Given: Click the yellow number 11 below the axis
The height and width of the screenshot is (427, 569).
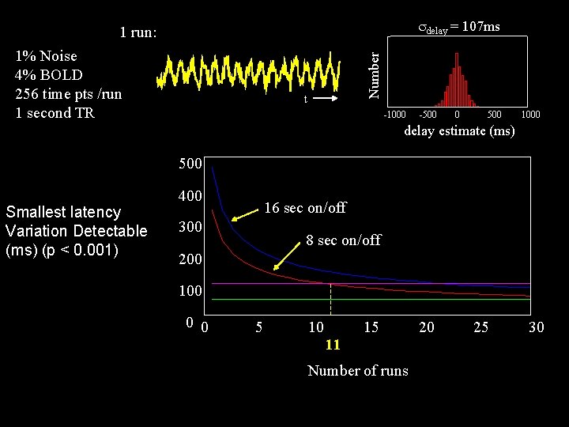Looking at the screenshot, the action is pyautogui.click(x=333, y=344).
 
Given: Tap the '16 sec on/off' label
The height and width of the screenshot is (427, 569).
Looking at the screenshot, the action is pyautogui.click(x=305, y=208).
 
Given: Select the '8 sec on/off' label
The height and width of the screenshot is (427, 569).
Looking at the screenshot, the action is pyautogui.click(x=343, y=240).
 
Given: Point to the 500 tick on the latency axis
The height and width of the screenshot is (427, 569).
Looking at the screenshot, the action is pyautogui.click(x=190, y=164).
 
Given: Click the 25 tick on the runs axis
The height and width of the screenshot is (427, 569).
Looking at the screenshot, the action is pyautogui.click(x=480, y=327).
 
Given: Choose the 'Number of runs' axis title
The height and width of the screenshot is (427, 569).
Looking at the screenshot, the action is pyautogui.click(x=358, y=371).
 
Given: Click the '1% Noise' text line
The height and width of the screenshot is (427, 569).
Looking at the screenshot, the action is pyautogui.click(x=46, y=56).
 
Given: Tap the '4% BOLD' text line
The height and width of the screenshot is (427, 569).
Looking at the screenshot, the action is pyautogui.click(x=49, y=75).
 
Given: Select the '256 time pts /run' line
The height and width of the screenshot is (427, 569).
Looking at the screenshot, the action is pyautogui.click(x=69, y=94).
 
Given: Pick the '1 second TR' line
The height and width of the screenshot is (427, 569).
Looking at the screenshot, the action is pyautogui.click(x=55, y=113).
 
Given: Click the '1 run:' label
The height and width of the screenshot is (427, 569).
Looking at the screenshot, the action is pyautogui.click(x=138, y=32).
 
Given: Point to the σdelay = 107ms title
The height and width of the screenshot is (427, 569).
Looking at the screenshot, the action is pyautogui.click(x=459, y=27).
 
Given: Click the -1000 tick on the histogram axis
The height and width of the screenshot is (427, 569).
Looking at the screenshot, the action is pyautogui.click(x=394, y=115).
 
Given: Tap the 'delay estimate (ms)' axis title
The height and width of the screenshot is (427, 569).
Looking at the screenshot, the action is pyautogui.click(x=459, y=130).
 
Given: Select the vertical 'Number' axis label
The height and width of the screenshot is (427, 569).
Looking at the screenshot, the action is pyautogui.click(x=373, y=75).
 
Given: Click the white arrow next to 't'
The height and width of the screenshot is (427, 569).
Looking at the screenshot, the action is pyautogui.click(x=326, y=98).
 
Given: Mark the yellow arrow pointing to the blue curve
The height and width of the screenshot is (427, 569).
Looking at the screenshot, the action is pyautogui.click(x=245, y=214).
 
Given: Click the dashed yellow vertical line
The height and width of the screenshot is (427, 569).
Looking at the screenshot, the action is pyautogui.click(x=330, y=299).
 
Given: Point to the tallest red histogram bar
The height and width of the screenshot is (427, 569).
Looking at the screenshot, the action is pyautogui.click(x=457, y=80).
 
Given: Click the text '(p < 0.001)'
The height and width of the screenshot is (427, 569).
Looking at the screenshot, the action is pyautogui.click(x=81, y=251).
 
